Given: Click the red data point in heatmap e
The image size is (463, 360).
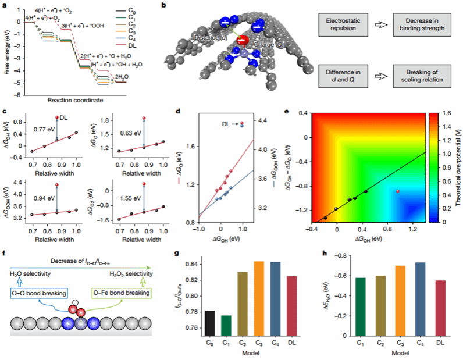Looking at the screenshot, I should point(397,191).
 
